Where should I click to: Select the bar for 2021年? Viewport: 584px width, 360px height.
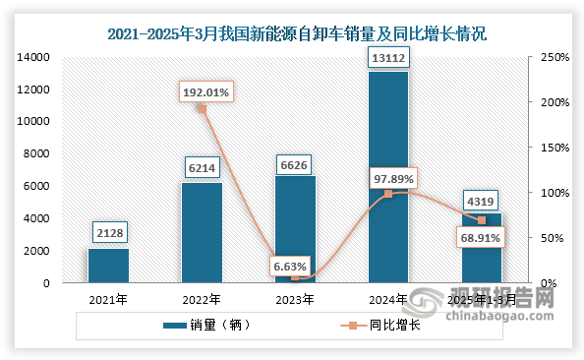pyautogui.click(x=108, y=266)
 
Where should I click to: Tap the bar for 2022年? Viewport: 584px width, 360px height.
pyautogui.click(x=202, y=233)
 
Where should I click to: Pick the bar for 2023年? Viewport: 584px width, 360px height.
pyautogui.click(x=295, y=229)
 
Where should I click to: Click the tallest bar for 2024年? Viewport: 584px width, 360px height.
pyautogui.click(x=387, y=177)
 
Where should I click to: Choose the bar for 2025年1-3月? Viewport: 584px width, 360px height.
pyautogui.click(x=481, y=248)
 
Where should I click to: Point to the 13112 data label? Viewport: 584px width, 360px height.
pyautogui.click(x=387, y=57)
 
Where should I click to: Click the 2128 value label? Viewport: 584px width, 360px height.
pyautogui.click(x=108, y=233)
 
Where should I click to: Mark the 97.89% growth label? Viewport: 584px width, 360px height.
pyautogui.click(x=393, y=178)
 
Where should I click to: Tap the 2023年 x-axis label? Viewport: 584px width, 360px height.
pyautogui.click(x=295, y=299)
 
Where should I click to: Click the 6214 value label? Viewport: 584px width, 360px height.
pyautogui.click(x=202, y=168)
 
